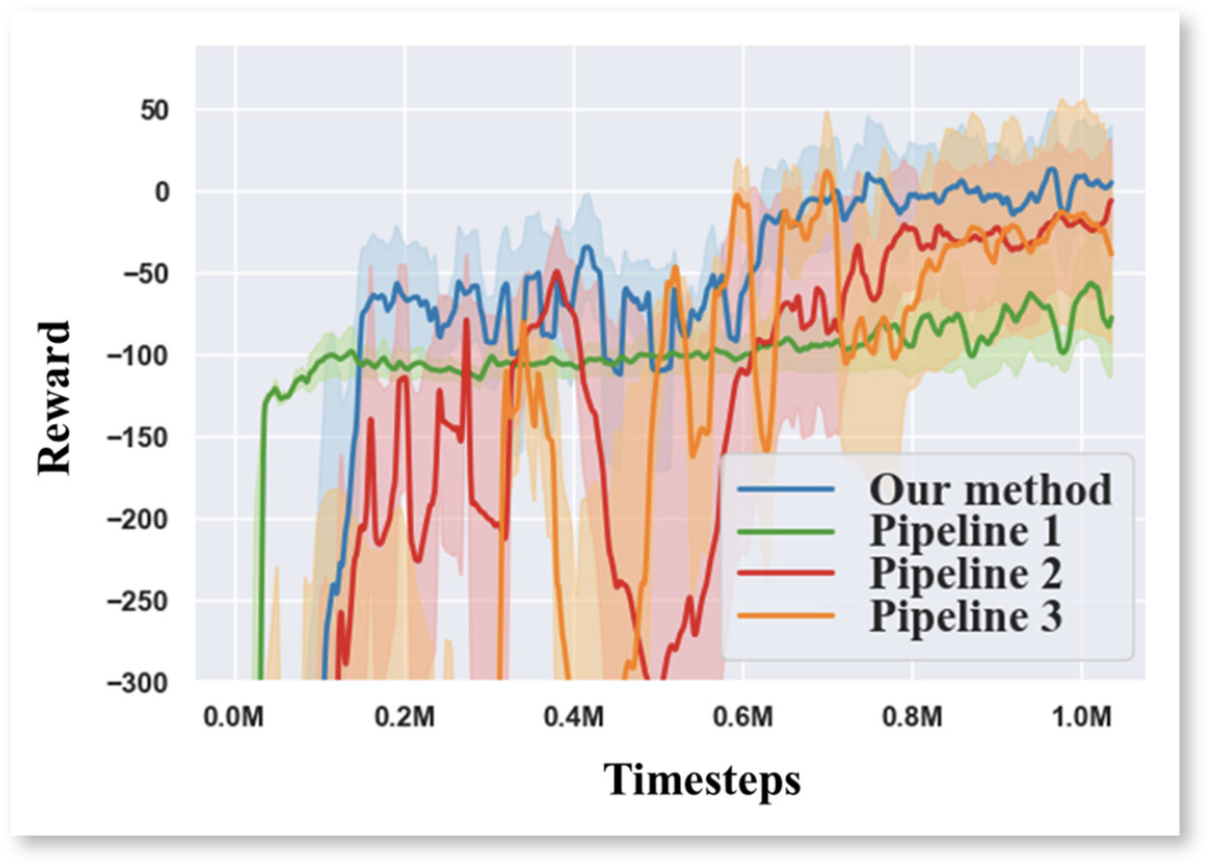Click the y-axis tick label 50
(154, 111)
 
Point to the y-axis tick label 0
(162, 192)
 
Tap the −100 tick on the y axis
(138, 356)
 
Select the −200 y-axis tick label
(138, 520)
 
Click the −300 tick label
(138, 684)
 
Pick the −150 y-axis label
(138, 438)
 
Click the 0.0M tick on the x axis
(233, 717)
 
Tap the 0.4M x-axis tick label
(574, 717)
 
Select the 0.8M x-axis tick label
(912, 717)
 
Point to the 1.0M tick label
(1082, 717)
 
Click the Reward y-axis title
(53, 398)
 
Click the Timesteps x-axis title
(702, 780)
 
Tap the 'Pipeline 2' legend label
(965, 573)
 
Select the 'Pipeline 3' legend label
(965, 616)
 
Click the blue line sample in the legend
(785, 489)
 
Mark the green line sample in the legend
(785, 531)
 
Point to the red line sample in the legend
(785, 573)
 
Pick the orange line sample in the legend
(785, 615)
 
